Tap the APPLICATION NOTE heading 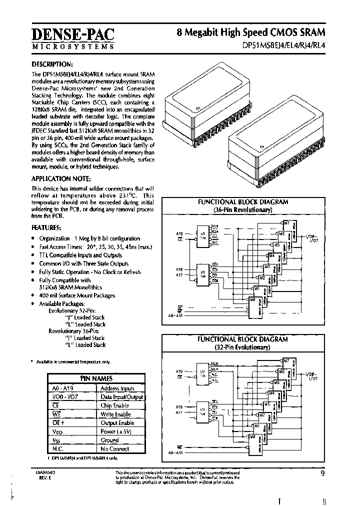point(61,178)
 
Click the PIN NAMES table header point(96,378)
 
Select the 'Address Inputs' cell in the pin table point(117,388)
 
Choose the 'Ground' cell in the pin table point(110,440)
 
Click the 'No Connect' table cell point(115,448)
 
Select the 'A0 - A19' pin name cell point(61,388)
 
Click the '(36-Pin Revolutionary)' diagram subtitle point(242,210)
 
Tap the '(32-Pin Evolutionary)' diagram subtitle point(242,346)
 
